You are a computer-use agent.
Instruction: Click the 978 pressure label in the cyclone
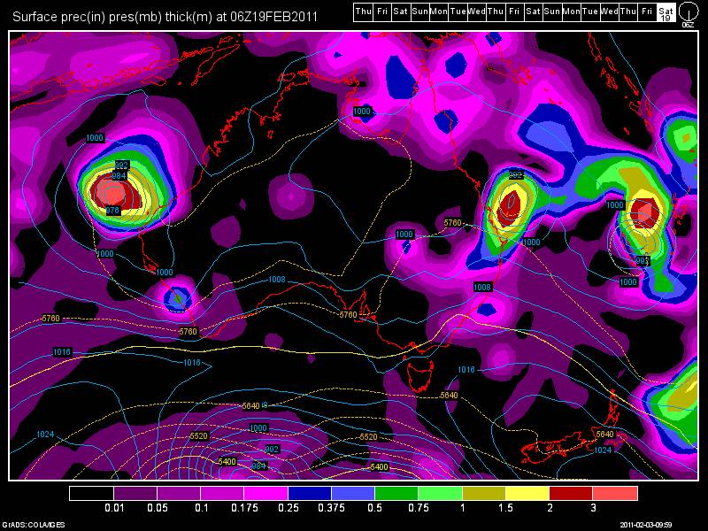[x=112, y=211]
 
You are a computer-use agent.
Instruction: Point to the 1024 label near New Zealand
[x=602, y=450]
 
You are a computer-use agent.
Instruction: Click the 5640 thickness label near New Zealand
[x=604, y=434]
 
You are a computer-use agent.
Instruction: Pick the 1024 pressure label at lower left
[x=47, y=434]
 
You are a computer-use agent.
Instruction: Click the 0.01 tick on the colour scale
[x=113, y=509]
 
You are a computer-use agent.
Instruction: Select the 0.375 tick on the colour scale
[x=332, y=509]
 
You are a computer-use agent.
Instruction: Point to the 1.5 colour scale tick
[x=506, y=509]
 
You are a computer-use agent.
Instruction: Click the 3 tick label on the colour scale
[x=593, y=509]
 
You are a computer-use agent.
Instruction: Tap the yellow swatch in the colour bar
[x=527, y=493]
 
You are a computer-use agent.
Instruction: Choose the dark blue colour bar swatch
[x=310, y=493]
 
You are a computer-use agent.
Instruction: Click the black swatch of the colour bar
[x=91, y=493]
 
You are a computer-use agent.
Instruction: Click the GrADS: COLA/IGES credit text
[x=27, y=524]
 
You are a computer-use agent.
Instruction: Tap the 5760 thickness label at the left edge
[x=50, y=319]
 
